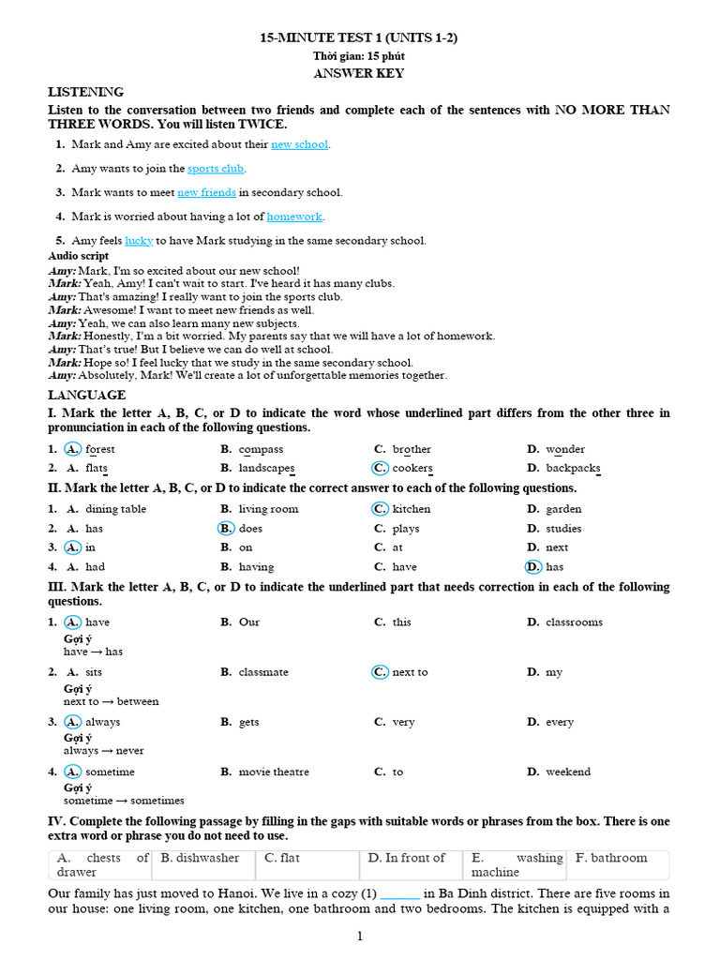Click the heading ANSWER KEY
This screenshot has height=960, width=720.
tap(359, 72)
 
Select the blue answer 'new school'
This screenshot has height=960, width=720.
tap(299, 144)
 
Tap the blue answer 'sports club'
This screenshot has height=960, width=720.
tap(216, 169)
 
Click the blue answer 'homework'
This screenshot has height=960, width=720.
tap(294, 217)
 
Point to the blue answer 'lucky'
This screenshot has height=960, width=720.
tap(139, 241)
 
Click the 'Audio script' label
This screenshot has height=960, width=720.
tap(78, 255)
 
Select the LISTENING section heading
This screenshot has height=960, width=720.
tap(85, 92)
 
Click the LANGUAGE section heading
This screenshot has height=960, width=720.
tap(86, 395)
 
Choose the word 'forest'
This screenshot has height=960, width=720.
tap(99, 449)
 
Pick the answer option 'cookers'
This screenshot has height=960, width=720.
tap(412, 468)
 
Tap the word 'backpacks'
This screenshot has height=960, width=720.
tap(573, 468)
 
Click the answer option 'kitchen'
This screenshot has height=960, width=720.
tap(412, 509)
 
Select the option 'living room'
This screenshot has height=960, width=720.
tap(268, 509)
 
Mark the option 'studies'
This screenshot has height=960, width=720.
tap(563, 529)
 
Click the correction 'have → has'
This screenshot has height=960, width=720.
tap(93, 652)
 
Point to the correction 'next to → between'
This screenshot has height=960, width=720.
tap(111, 701)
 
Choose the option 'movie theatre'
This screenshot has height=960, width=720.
tap(274, 772)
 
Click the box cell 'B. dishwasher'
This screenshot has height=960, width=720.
tap(200, 858)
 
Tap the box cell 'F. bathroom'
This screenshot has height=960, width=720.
tap(611, 858)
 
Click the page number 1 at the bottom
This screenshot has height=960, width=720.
tap(359, 936)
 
